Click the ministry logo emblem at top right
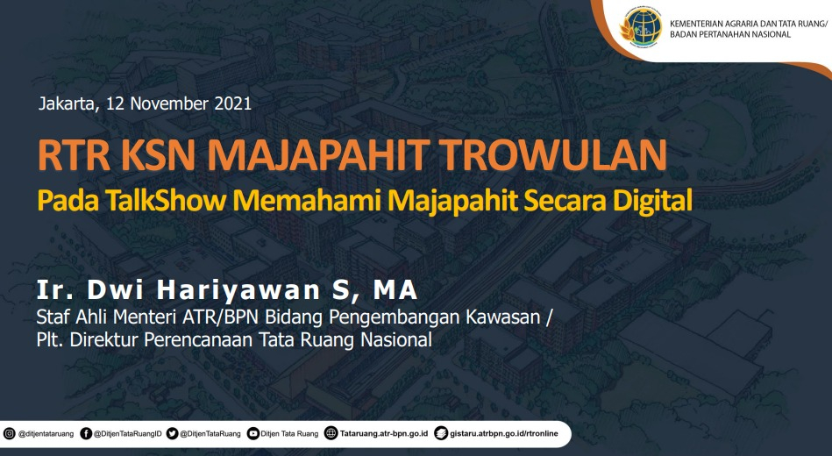click(x=641, y=26)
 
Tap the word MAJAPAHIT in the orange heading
click(x=318, y=155)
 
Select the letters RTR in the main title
click(x=74, y=155)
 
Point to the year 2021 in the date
click(x=233, y=103)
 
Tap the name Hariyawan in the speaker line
click(x=238, y=290)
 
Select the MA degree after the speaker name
click(x=395, y=290)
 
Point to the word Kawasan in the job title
click(x=502, y=317)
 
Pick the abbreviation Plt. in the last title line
click(x=50, y=339)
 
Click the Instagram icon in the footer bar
click(x=10, y=434)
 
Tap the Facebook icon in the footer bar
click(x=86, y=434)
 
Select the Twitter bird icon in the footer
click(x=172, y=434)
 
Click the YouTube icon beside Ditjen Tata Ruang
click(x=253, y=434)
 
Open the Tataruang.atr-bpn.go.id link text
click(x=384, y=434)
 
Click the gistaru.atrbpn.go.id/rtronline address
click(x=504, y=434)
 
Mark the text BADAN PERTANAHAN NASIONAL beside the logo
click(x=730, y=34)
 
